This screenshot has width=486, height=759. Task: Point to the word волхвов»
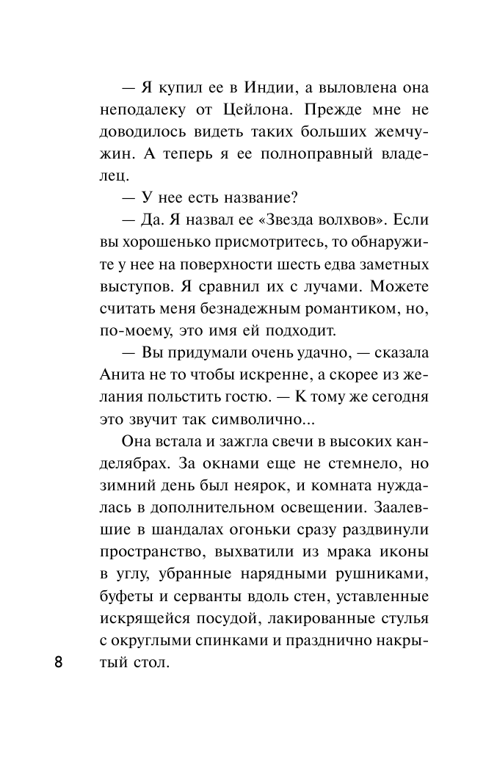point(355,220)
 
